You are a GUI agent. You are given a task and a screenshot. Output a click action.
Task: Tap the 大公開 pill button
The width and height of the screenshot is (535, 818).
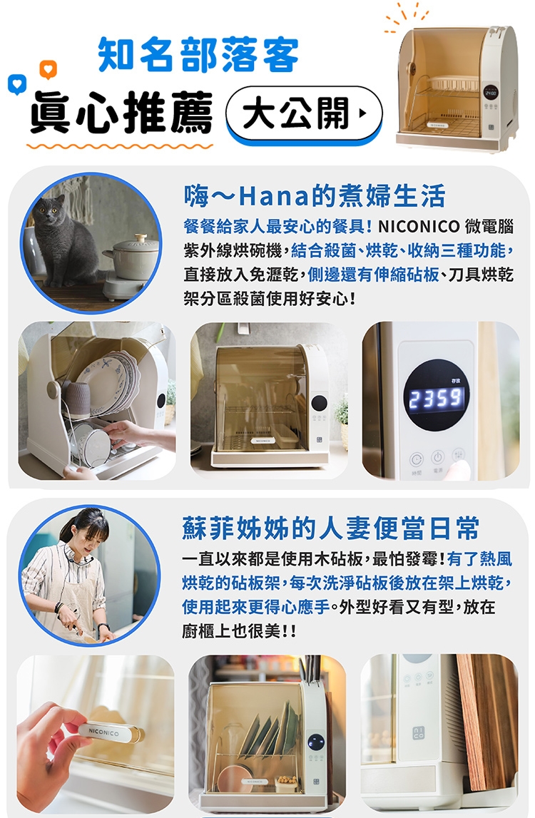(304, 114)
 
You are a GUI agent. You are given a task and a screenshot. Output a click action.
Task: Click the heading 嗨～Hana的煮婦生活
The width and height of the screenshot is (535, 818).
(314, 195)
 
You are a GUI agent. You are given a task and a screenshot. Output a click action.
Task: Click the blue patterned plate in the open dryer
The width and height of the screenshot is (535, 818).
(107, 381)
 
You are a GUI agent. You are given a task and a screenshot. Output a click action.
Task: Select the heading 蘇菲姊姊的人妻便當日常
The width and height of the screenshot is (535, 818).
(330, 528)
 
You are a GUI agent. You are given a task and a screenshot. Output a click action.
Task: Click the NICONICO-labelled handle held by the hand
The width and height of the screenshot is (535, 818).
(107, 733)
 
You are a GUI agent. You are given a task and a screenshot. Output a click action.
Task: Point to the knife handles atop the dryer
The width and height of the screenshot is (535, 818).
(312, 670)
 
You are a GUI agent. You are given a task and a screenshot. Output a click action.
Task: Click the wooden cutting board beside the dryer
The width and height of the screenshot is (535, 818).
(487, 720)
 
